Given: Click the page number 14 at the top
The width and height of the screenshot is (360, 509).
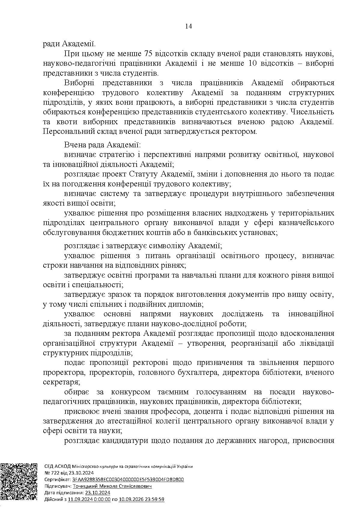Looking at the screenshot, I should click(189, 26).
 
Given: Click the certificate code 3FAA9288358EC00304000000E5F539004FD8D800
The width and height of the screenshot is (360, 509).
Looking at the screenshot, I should click(128, 480).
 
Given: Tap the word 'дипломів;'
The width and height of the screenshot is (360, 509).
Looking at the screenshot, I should click(188, 304).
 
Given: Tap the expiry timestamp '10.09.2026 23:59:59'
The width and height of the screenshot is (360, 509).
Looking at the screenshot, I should click(142, 499).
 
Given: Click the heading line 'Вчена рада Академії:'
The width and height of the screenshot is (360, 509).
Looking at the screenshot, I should click(102, 145).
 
